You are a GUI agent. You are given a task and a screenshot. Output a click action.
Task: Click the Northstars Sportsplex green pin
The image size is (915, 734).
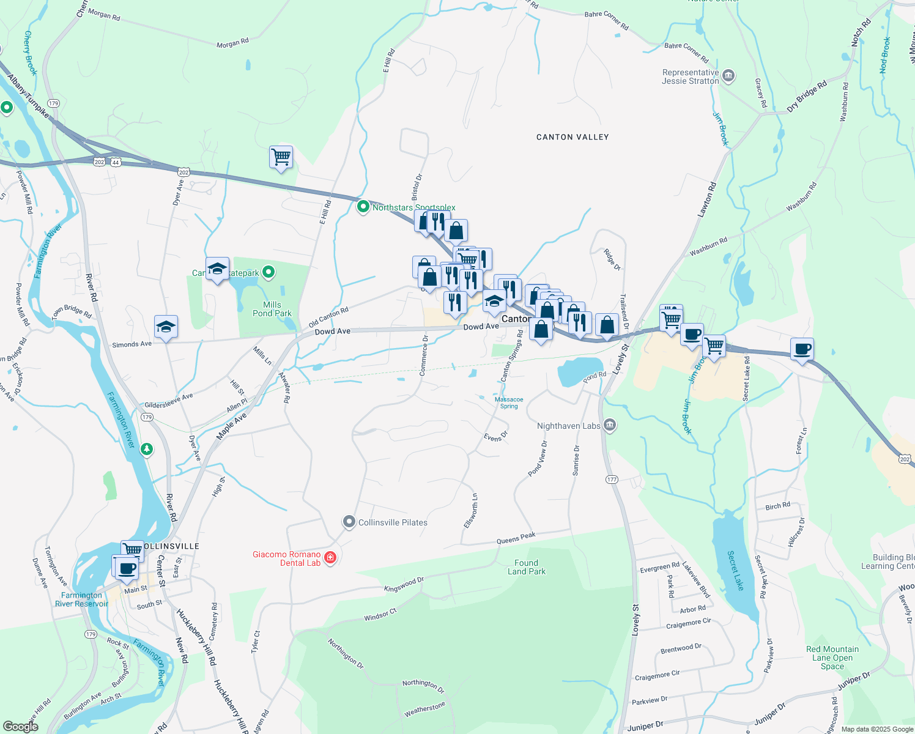pos(363,207)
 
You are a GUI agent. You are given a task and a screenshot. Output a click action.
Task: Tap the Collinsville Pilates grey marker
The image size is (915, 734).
pos(349,522)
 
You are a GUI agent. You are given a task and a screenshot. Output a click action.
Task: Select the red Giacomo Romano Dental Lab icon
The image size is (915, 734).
pos(330,557)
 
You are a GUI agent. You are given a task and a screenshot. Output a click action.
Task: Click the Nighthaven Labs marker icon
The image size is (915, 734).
pos(609,425)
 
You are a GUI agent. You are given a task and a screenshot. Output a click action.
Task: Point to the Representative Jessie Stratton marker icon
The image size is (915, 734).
pos(728,76)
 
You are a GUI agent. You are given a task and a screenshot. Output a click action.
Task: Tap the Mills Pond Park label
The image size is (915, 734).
pos(272,309)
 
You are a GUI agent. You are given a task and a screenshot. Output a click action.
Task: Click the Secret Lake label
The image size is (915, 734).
pos(736,570)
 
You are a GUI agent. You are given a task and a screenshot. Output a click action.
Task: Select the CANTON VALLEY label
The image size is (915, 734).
pos(572,137)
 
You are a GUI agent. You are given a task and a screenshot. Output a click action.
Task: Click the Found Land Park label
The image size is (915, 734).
pos(527,567)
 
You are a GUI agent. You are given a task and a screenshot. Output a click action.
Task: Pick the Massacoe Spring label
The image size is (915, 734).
pos(509,402)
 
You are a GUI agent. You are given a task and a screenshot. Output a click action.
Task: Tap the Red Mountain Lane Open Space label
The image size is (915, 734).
pos(832,658)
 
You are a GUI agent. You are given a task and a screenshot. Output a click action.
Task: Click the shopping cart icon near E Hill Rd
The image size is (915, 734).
pos(281,157)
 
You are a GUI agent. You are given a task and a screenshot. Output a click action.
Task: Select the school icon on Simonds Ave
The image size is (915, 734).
pos(166,327)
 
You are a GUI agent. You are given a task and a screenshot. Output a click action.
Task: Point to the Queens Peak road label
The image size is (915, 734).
pos(516,538)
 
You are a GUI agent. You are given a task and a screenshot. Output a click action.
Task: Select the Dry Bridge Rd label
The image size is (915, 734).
pos(806,96)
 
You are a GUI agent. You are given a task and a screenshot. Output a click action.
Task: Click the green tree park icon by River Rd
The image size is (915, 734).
pos(146,450)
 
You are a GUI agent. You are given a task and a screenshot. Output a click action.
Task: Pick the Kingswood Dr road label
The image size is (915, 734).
pos(404,584)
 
